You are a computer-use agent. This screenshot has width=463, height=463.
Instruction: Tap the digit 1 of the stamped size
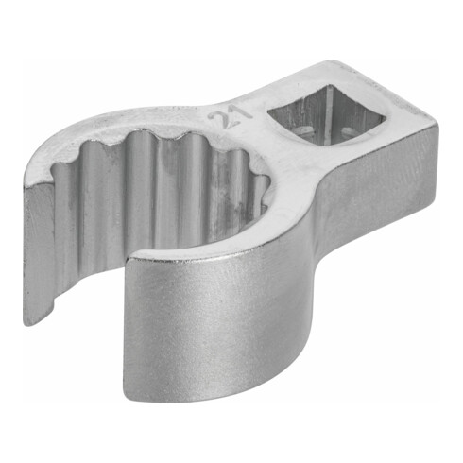[x=242, y=112]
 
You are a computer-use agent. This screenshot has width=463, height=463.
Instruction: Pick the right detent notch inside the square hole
[x=349, y=130]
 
